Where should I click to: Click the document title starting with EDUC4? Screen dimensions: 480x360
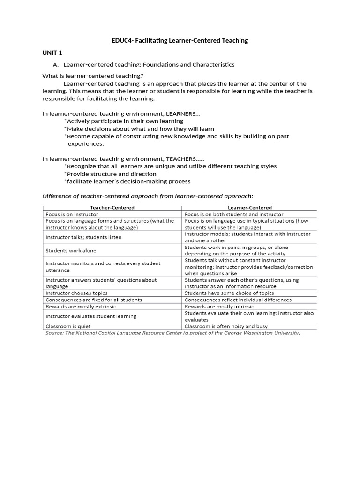point(180,41)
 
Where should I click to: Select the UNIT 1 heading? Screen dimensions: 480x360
point(52,52)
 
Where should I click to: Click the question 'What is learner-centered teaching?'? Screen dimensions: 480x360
point(93,76)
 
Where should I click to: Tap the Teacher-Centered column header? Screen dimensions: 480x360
point(112,207)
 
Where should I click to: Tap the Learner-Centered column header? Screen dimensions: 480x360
point(249,207)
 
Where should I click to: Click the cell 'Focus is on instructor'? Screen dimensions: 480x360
point(72,214)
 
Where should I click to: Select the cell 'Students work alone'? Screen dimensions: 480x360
point(71,251)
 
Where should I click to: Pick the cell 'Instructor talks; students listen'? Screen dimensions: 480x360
point(83,237)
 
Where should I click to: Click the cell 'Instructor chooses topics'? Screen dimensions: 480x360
point(77,293)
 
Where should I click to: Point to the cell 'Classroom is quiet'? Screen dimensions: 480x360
point(68,326)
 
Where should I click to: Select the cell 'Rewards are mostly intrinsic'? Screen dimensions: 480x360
point(219,306)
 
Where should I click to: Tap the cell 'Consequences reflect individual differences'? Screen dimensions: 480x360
point(238,300)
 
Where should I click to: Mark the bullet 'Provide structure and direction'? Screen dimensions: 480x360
point(111,174)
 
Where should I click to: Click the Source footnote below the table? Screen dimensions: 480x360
point(172,333)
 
